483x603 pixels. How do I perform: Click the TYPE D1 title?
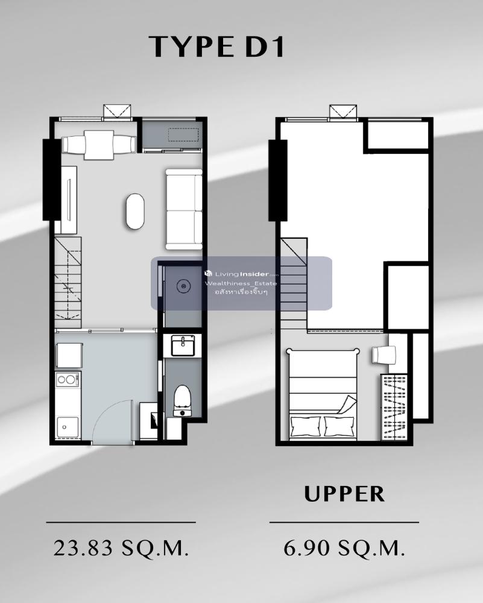[x=216, y=47]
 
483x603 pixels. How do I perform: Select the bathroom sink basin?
[x=183, y=345]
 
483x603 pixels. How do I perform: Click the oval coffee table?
[x=135, y=211]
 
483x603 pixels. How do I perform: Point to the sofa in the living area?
[x=184, y=209]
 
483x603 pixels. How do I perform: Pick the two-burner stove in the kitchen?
[x=68, y=379]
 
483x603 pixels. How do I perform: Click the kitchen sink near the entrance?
[x=68, y=427]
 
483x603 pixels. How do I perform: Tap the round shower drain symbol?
[x=183, y=286]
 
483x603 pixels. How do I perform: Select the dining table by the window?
[x=99, y=145]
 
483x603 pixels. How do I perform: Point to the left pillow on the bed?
[x=305, y=426]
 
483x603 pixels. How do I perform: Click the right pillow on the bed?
[x=339, y=426]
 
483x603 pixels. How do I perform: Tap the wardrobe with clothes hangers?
[x=394, y=407]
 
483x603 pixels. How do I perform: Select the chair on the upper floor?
[x=384, y=354]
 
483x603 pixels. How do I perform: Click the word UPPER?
[x=344, y=494]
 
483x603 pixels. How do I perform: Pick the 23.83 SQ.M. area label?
[x=121, y=548]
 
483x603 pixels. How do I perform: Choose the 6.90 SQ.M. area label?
[x=344, y=548]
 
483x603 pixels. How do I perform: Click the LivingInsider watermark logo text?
[x=242, y=274]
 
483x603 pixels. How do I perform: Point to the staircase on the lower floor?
[x=68, y=283]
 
